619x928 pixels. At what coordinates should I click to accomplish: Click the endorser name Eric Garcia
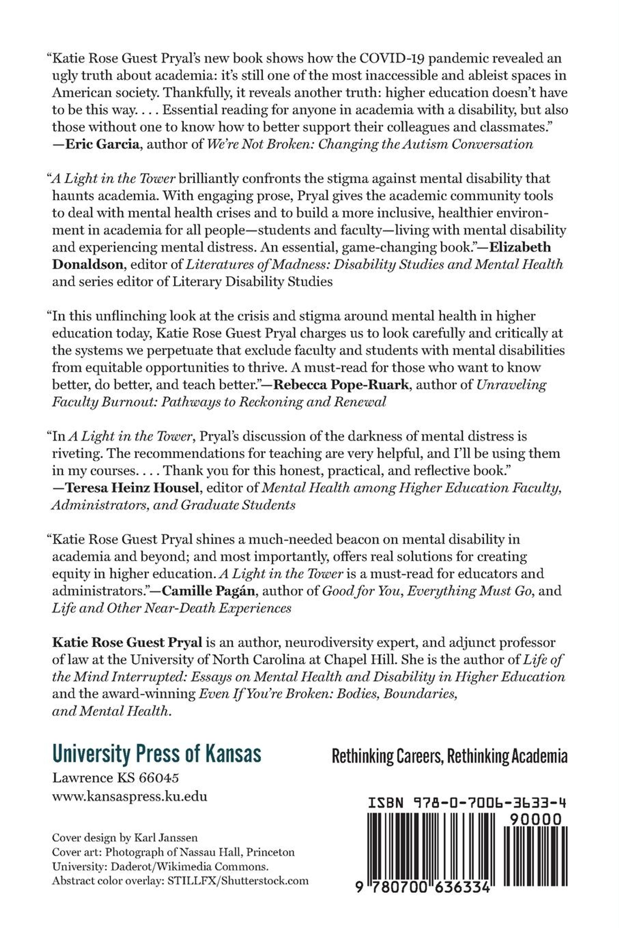click(x=102, y=144)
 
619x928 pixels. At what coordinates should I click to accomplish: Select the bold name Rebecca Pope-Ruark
click(x=341, y=385)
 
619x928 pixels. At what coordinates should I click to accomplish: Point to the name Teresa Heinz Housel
click(x=131, y=488)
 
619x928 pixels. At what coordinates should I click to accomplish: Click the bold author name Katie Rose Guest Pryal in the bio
click(x=127, y=643)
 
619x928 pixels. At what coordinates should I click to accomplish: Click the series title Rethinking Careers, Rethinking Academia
click(x=450, y=756)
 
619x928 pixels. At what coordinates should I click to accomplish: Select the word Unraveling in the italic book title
click(x=511, y=385)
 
